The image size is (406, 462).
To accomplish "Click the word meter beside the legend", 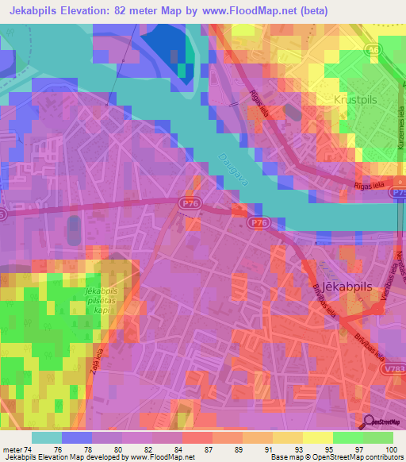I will (14, 449).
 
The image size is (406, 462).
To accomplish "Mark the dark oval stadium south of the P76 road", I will (74, 231).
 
